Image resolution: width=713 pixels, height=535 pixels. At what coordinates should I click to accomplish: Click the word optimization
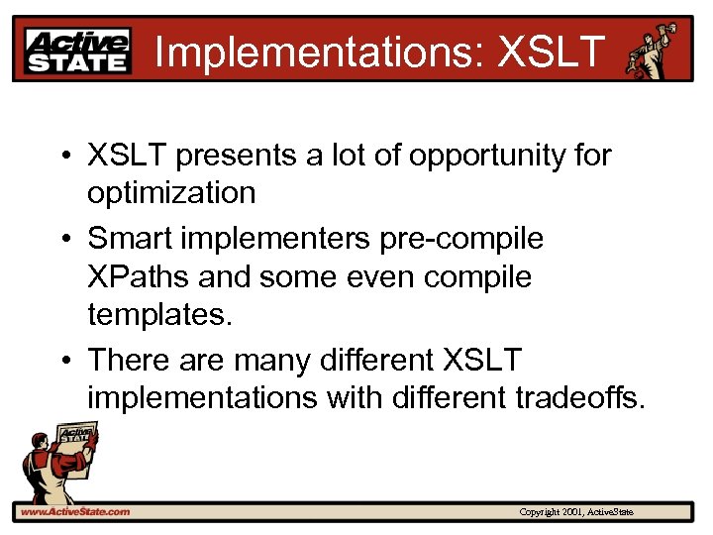click(171, 193)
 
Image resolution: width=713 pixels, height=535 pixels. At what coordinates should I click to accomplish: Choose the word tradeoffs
click(579, 398)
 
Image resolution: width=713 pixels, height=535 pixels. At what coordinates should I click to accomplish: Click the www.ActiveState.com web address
click(74, 511)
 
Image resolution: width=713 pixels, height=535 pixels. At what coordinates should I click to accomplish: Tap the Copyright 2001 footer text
click(575, 512)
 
